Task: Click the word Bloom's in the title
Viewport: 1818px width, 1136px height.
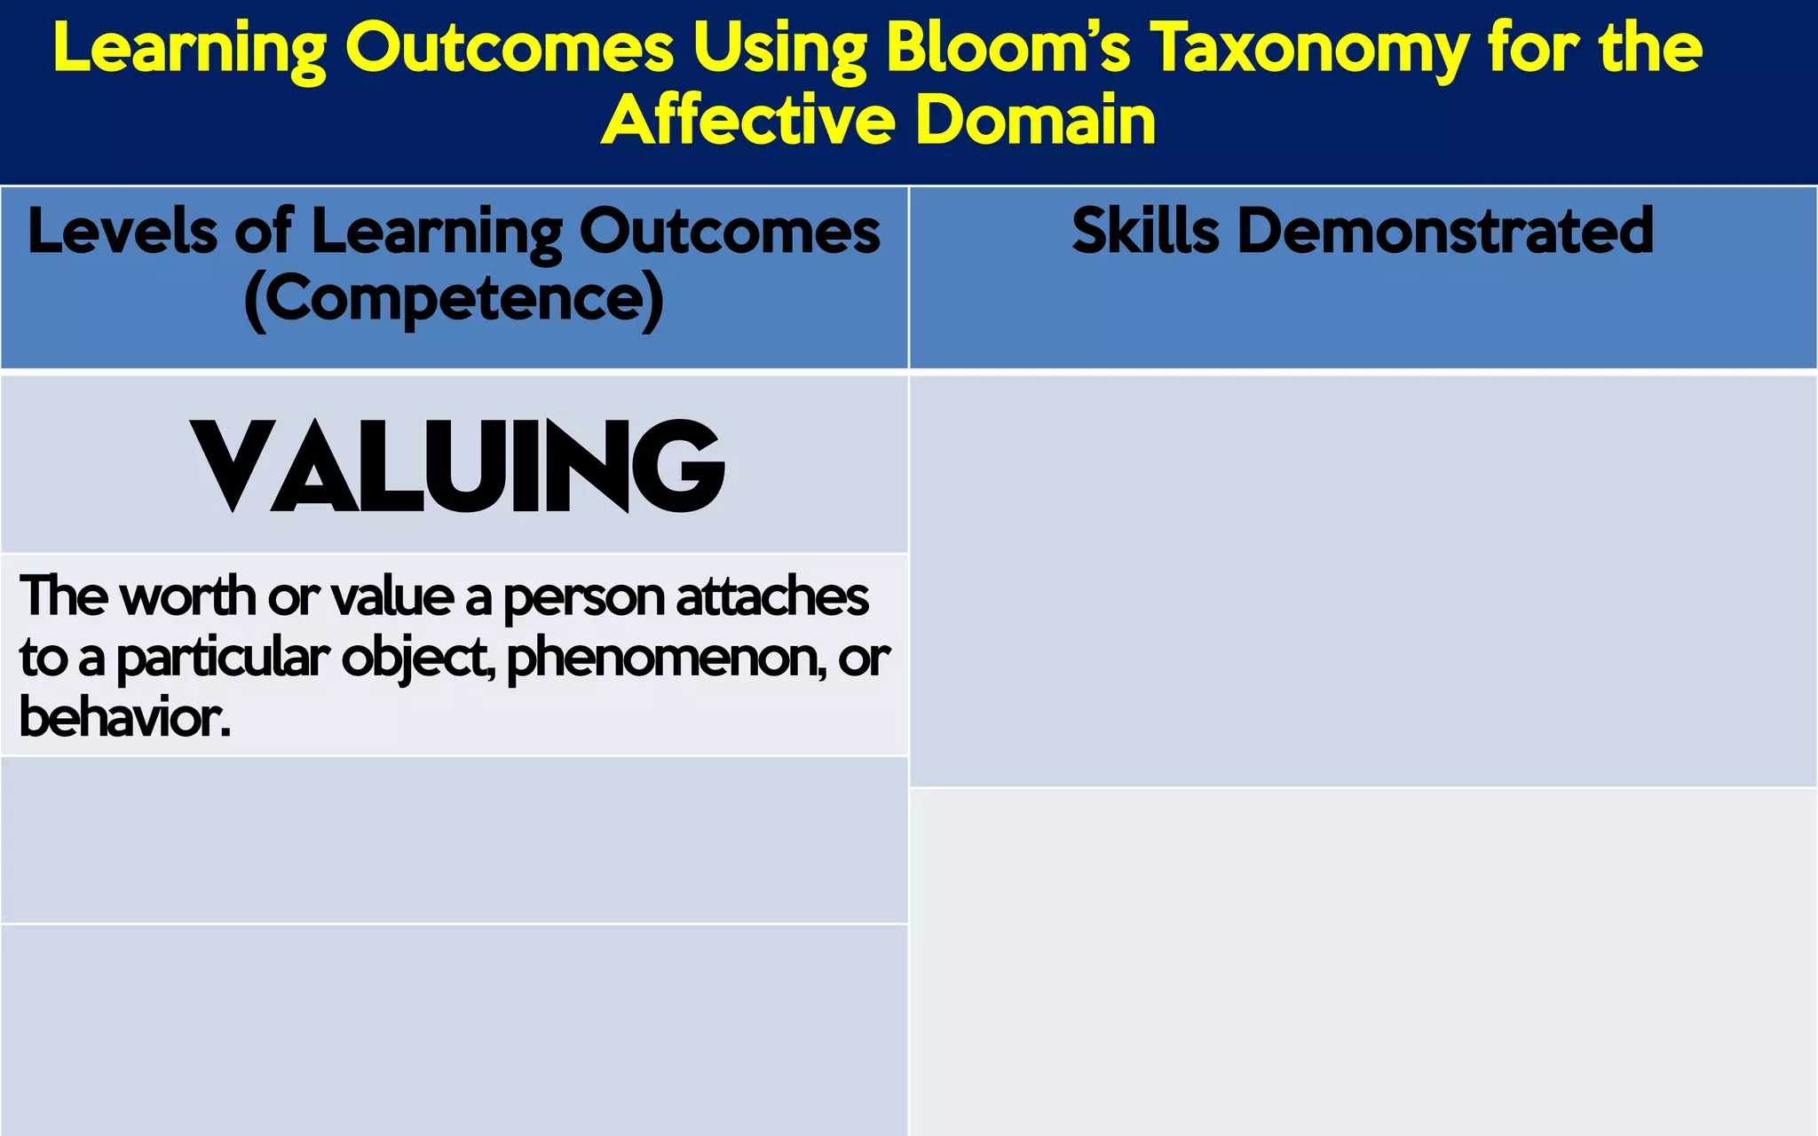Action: coord(1008,48)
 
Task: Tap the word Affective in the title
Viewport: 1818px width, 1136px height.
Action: coord(747,120)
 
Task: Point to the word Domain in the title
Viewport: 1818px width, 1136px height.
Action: coord(1035,120)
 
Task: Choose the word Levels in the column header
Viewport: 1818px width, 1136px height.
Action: coord(123,231)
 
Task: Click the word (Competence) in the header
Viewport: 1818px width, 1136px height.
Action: coord(454,299)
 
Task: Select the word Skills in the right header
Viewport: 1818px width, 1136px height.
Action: coord(1145,231)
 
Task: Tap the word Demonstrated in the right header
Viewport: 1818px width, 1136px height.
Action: coord(1445,231)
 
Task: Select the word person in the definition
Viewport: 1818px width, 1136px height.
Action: coord(585,597)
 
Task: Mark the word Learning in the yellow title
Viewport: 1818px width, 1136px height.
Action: coord(189,50)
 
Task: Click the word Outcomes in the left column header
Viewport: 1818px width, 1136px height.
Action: coord(729,231)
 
